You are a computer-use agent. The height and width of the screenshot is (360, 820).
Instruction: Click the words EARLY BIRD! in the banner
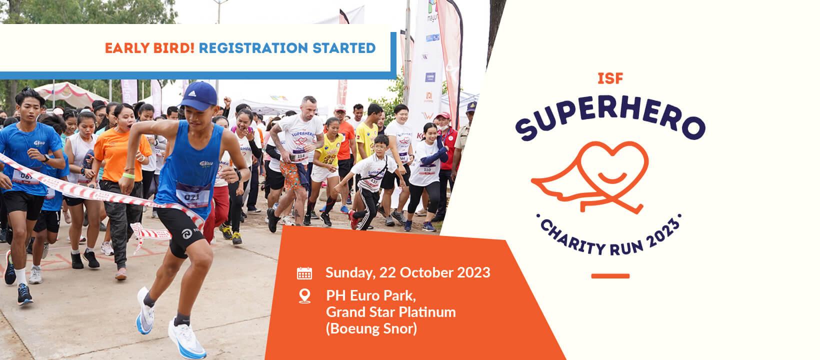click(x=149, y=48)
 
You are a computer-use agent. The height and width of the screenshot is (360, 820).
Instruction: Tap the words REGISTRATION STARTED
click(x=287, y=48)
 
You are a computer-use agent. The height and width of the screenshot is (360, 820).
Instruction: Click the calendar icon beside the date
click(x=304, y=273)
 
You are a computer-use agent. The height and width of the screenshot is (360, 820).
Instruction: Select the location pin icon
click(x=304, y=296)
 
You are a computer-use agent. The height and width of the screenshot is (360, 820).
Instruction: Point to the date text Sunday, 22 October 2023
click(x=407, y=273)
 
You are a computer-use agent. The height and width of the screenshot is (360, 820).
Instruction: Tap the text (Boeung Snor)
click(x=371, y=329)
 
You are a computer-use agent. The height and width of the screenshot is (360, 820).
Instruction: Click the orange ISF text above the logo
click(x=609, y=78)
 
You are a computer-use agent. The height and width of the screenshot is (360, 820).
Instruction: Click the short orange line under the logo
click(x=610, y=276)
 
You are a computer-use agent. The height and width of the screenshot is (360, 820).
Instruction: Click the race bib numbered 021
click(x=193, y=194)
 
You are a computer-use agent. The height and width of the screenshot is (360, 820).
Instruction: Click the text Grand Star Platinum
click(x=390, y=312)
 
